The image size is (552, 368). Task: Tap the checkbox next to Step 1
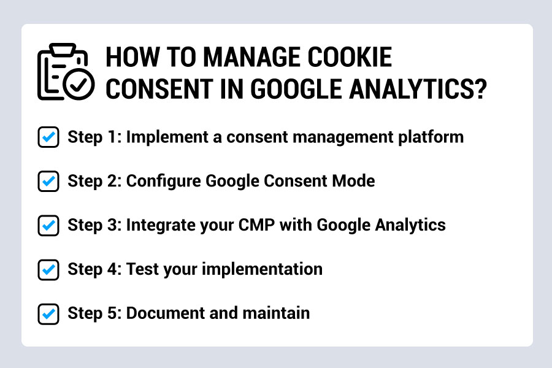click(48, 137)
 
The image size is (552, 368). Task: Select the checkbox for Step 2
click(48, 182)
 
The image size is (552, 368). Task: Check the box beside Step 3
click(48, 225)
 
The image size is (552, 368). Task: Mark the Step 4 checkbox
click(48, 270)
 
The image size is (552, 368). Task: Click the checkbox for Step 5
click(48, 314)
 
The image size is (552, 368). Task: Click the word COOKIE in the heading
click(350, 57)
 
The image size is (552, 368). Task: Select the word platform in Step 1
click(431, 137)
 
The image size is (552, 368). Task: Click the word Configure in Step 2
click(163, 182)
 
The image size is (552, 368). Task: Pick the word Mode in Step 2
click(353, 181)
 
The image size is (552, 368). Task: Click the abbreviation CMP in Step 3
click(256, 225)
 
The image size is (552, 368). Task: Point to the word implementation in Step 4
click(262, 269)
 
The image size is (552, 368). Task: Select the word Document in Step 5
click(165, 313)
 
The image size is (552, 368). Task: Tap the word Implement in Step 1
click(167, 137)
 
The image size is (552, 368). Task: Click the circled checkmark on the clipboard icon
click(79, 85)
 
